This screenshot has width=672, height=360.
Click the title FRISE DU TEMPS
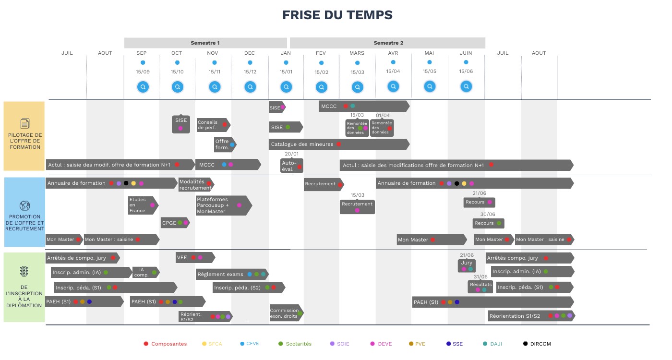tap(337, 15)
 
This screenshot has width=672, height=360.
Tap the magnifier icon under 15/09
tap(143, 87)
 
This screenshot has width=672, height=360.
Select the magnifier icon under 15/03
tap(358, 87)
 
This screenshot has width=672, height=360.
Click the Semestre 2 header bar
tap(388, 43)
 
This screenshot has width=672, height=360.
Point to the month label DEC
tap(250, 53)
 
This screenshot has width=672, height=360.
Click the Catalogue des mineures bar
tap(338, 144)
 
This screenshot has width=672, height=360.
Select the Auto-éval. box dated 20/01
tap(292, 166)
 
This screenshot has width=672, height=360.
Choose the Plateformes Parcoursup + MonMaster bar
tap(223, 205)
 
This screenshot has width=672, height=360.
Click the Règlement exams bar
tap(232, 275)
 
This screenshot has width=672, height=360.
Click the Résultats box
tap(480, 287)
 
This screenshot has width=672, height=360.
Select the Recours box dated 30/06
tap(488, 223)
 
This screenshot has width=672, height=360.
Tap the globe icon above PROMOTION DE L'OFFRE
tap(24, 206)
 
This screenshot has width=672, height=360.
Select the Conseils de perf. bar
tap(213, 125)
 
